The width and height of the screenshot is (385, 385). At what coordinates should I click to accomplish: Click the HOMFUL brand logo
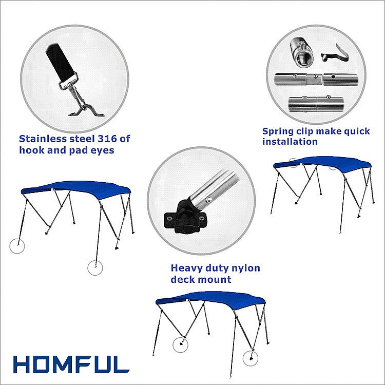pos(71,364)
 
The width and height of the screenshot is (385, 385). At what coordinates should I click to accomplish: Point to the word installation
pos(290,142)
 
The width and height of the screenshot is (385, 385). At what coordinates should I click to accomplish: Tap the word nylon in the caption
pos(246,268)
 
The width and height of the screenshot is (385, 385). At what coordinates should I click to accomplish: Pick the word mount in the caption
pos(216,279)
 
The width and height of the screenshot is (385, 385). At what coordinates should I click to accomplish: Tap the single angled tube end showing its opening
pos(302,52)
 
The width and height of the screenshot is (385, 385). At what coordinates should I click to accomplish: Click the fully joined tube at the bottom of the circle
pos(316,104)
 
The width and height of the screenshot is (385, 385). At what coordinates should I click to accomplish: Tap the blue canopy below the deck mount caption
pos(210,299)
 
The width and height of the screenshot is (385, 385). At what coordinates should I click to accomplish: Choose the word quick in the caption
pos(357,131)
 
